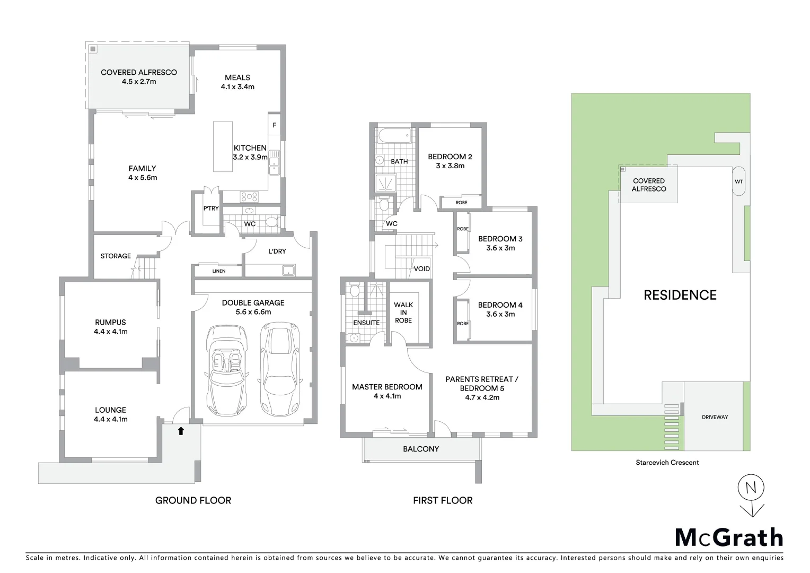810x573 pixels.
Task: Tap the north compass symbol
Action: click(x=751, y=488)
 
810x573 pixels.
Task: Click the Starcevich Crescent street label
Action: click(x=667, y=462)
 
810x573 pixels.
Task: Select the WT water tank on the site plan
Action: click(x=738, y=181)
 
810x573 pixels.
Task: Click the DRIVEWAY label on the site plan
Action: click(x=715, y=417)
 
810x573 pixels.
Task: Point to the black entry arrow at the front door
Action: click(x=181, y=431)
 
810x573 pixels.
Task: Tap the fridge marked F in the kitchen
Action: click(x=274, y=126)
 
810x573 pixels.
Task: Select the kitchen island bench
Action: click(x=223, y=146)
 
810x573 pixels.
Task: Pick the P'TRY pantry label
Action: click(x=211, y=209)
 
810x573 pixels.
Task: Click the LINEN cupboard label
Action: click(x=218, y=271)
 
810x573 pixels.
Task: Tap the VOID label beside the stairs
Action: click(x=421, y=269)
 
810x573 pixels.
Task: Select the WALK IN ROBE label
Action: click(x=403, y=312)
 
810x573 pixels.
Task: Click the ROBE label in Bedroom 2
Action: click(x=461, y=203)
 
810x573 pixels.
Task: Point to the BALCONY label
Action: click(x=421, y=449)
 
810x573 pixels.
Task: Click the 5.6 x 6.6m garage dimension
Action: click(x=253, y=312)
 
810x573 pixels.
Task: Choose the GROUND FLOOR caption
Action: click(x=193, y=500)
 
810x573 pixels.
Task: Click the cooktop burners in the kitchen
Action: click(x=249, y=196)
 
